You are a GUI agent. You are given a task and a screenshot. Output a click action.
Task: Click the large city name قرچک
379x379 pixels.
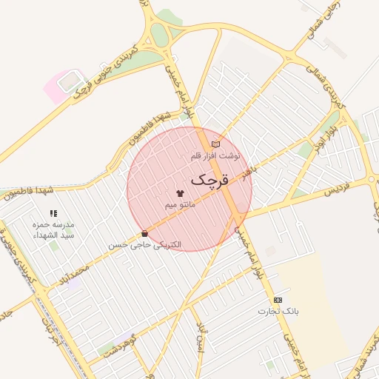(210, 180)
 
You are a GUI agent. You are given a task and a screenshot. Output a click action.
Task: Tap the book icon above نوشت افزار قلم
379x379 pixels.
(215, 144)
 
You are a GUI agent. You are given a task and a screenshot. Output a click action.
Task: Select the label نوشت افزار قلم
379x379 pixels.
(215, 156)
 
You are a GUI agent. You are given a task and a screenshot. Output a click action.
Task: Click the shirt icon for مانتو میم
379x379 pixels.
(181, 192)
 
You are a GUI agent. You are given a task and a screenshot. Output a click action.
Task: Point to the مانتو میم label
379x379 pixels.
(181, 203)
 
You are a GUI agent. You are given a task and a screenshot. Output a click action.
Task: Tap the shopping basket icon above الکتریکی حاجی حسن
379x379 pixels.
(144, 233)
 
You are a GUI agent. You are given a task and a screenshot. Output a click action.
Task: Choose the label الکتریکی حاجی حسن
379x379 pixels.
(145, 244)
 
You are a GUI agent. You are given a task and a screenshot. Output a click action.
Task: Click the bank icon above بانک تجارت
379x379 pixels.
(278, 300)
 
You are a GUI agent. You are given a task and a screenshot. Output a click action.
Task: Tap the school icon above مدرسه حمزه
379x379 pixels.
(53, 213)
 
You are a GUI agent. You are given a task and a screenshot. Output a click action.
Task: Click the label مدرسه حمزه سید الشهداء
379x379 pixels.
(53, 229)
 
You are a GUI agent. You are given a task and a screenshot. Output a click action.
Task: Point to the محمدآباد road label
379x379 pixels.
(72, 271)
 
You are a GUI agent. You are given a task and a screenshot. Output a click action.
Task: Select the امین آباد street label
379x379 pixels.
(201, 341)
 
